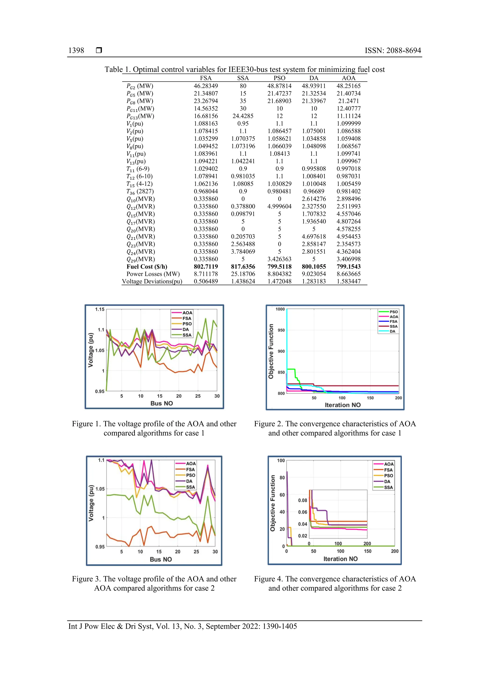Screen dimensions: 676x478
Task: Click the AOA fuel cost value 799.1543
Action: pyautogui.click(x=348, y=266)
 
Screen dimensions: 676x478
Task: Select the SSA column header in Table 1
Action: pyautogui.click(x=243, y=78)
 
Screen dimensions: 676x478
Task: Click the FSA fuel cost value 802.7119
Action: pyautogui.click(x=206, y=266)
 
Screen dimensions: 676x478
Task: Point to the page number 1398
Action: pyautogui.click(x=76, y=50)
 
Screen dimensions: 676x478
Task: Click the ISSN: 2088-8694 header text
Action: pyautogui.click(x=393, y=50)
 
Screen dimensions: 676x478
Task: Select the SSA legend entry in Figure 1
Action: pyautogui.click(x=187, y=335)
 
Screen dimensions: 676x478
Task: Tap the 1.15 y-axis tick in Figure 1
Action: pyautogui.click(x=100, y=309)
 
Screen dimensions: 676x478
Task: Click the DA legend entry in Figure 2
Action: pyautogui.click(x=392, y=331)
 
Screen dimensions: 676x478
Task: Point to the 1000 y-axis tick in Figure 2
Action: pyautogui.click(x=280, y=309)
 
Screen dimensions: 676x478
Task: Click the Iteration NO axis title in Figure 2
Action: pyautogui.click(x=343, y=405)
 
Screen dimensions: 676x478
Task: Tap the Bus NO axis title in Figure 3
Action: pyautogui.click(x=161, y=559)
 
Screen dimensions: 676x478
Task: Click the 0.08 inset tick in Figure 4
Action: pyautogui.click(x=302, y=500)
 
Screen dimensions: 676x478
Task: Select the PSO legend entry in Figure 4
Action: pyautogui.click(x=388, y=476)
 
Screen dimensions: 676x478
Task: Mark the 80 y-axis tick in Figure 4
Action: pyautogui.click(x=282, y=478)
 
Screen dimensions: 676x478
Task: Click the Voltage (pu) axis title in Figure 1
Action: pyautogui.click(x=91, y=350)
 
